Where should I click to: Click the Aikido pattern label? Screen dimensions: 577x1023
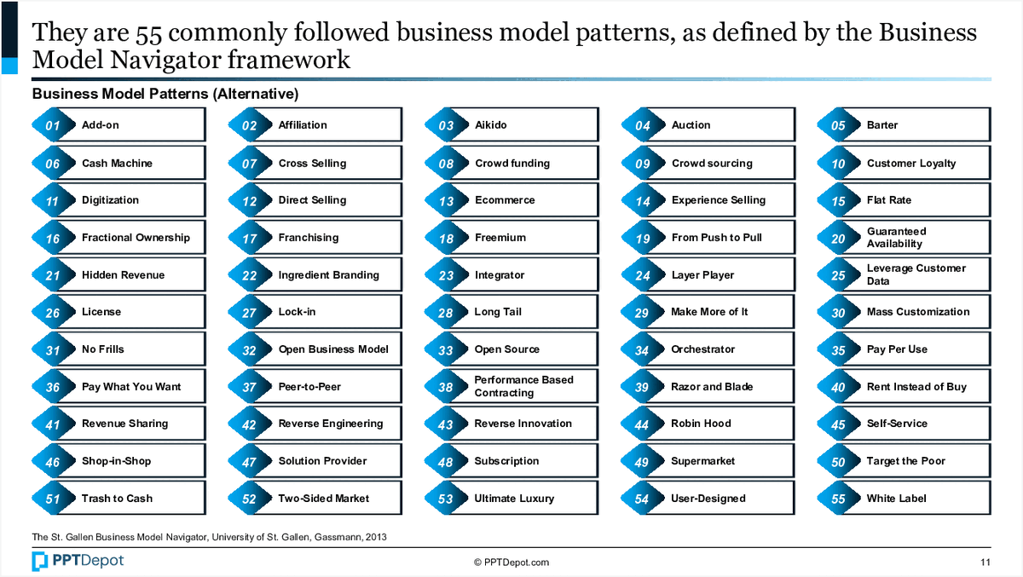[490, 125]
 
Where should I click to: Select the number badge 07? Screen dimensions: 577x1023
[249, 164]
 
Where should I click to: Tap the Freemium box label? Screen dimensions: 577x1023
[500, 238]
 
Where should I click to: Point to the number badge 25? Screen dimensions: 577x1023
[838, 275]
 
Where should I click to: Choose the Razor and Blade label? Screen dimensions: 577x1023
[712, 387]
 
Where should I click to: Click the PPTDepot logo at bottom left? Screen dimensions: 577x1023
[78, 561]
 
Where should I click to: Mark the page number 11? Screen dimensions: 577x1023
[985, 563]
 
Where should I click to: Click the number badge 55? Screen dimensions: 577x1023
[838, 499]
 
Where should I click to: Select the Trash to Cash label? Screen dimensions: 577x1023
[117, 499]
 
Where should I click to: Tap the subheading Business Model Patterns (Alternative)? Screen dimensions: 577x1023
[165, 94]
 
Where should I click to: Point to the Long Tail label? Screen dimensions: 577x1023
[498, 312]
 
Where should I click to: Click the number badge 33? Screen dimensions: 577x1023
[446, 350]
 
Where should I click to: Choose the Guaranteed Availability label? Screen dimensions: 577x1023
[896, 238]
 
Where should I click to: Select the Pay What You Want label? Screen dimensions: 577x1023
[131, 387]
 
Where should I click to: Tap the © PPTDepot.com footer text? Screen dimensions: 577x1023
[511, 563]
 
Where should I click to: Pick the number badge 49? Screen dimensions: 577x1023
[642, 462]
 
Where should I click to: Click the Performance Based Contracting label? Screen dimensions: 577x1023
[523, 386]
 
